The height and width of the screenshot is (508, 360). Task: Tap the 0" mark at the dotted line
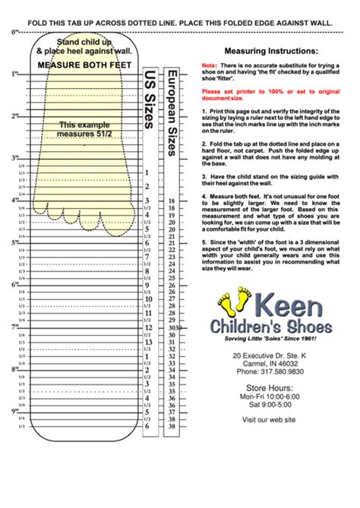coord(14,33)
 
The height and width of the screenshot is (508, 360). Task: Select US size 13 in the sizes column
coord(147,342)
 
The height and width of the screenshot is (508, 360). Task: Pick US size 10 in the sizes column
coord(147,299)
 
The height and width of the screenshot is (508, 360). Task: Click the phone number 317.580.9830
coord(270,372)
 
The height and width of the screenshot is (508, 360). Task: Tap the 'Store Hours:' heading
coord(270,388)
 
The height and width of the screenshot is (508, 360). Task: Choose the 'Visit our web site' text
coord(270,419)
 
